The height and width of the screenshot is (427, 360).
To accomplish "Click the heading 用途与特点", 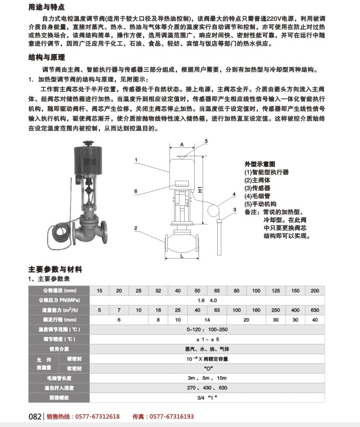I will (47, 8).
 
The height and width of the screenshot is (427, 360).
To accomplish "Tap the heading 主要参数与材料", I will (55, 269).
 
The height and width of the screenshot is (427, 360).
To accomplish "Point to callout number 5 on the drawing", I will (206, 141).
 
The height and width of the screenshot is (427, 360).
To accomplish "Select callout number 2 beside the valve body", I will (135, 228).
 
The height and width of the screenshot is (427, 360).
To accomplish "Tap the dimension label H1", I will (200, 191).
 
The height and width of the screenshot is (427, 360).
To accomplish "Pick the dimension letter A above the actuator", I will (181, 143).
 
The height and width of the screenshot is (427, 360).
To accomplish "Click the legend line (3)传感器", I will (257, 188).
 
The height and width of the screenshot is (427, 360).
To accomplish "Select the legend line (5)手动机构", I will (261, 204).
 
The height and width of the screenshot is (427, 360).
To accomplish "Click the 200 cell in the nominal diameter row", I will (314, 291).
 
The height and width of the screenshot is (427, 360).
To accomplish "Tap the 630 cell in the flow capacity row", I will (314, 310).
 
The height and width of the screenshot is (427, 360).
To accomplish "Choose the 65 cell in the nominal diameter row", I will (217, 291).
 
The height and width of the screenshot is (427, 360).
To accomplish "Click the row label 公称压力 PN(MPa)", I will (59, 301).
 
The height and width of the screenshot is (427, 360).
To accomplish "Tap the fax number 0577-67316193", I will (170, 417).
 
